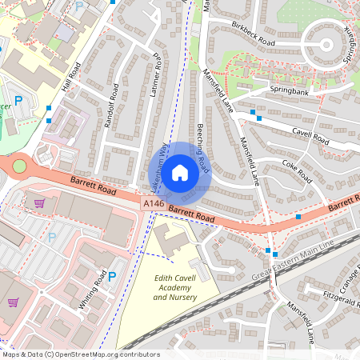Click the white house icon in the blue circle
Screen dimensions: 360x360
[180, 172]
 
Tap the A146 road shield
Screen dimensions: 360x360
[154, 206]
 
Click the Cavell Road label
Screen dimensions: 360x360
[310, 135]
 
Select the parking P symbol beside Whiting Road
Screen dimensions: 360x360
[112, 277]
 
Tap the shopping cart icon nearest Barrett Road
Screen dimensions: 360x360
[39, 202]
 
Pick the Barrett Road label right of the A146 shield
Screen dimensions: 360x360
[192, 215]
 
